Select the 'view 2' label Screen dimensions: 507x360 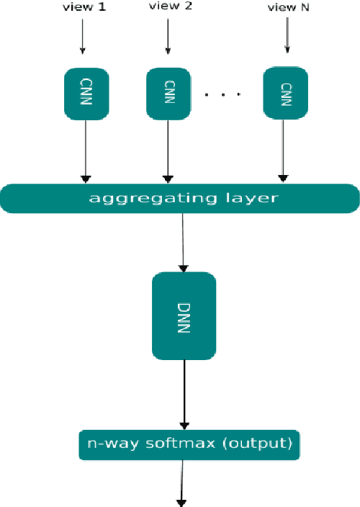click(x=168, y=7)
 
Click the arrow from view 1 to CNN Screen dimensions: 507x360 click(x=82, y=36)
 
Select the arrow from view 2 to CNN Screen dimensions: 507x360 click(x=168, y=36)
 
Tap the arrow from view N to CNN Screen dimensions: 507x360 click(x=287, y=36)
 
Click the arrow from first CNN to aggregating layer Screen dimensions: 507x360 click(x=86, y=151)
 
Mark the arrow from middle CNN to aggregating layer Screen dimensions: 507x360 click(x=168, y=151)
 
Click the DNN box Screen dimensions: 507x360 click(x=184, y=315)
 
